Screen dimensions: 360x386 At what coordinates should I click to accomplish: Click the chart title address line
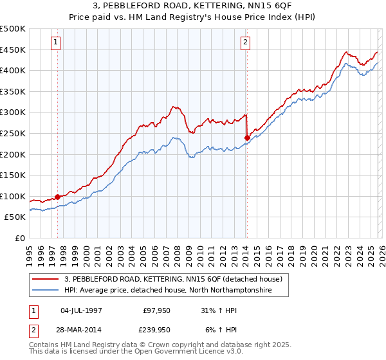[193, 6]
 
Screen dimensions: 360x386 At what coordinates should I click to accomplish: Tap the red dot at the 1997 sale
[57, 197]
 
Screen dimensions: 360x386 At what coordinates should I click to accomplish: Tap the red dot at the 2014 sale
[247, 137]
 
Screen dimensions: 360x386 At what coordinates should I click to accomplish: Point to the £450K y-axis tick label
[13, 50]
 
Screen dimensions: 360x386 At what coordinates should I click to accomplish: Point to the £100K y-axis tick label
[13, 196]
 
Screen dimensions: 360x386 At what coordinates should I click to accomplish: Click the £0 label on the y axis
[19, 238]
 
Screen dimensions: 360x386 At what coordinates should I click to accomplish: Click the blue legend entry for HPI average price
[168, 291]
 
